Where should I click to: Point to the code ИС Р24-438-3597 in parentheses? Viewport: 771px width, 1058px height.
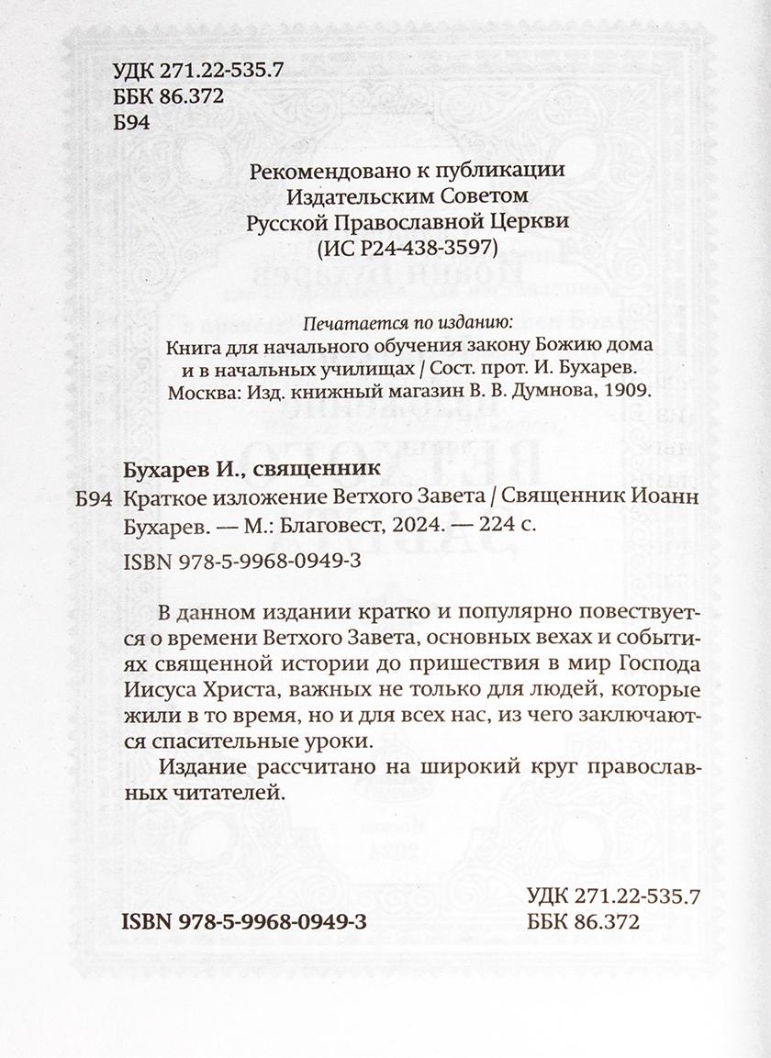point(407,248)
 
